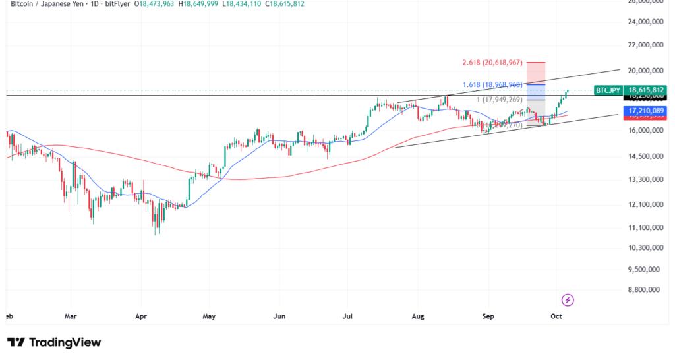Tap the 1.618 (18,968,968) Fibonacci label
(492, 84)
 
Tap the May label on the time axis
(209, 316)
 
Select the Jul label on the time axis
(348, 316)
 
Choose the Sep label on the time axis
(488, 316)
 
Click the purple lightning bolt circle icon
(568, 300)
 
